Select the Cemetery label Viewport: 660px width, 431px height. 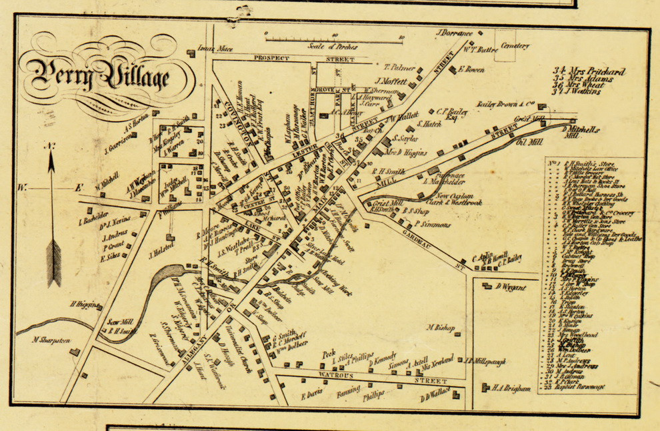(516, 46)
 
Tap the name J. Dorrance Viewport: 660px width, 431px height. (455, 33)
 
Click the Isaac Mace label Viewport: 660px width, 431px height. (213, 49)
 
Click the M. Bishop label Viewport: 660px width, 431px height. (440, 327)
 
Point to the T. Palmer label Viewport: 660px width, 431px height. (399, 67)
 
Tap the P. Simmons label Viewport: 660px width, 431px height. (432, 225)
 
